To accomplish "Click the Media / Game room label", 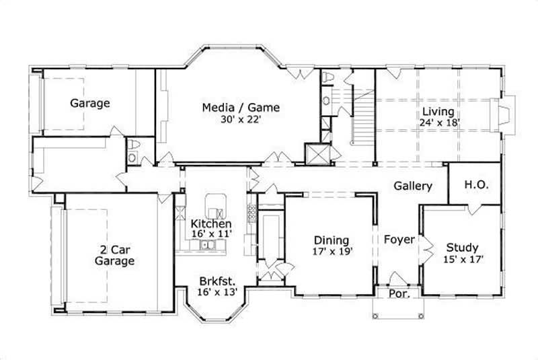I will tap(241, 107).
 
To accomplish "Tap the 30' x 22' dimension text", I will tap(241, 120).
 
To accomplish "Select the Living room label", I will tap(438, 112).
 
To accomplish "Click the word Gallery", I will tap(413, 186).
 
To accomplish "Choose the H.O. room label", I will tap(476, 184).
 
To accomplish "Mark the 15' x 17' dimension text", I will tap(463, 258).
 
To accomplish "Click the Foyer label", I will tap(399, 239).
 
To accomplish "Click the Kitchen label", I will tap(211, 223).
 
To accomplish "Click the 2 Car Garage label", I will tap(114, 254).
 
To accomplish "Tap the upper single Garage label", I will tap(90, 104).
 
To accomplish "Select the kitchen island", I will tap(215, 202).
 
